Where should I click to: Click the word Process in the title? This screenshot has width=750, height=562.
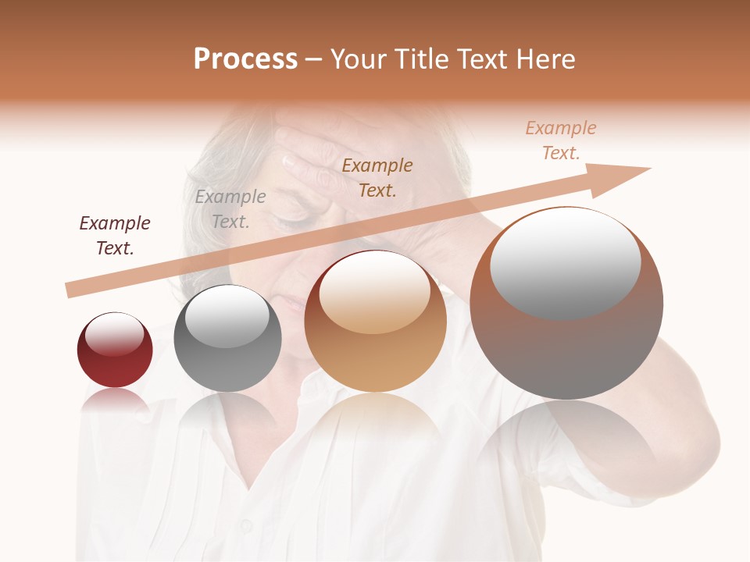245,59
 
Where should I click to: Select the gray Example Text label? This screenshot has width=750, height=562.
230,209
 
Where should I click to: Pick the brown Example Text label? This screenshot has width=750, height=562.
377,177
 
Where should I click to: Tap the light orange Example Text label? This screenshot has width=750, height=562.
561,140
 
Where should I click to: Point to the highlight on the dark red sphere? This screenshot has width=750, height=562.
115,334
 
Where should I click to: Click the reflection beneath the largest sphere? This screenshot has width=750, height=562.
566,445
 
